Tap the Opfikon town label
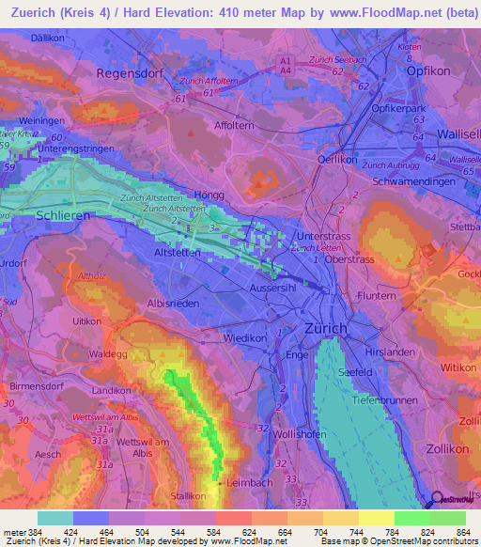431,71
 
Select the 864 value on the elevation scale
464,532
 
